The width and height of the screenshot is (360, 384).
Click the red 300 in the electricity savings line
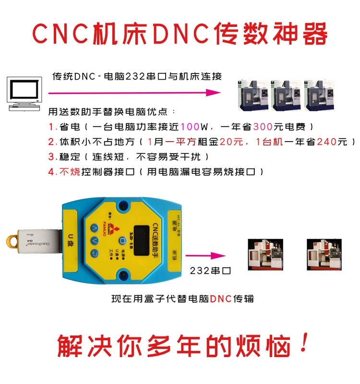[264, 127]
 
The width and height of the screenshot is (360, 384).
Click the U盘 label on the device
[70, 238]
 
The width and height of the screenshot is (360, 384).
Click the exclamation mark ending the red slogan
[303, 345]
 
